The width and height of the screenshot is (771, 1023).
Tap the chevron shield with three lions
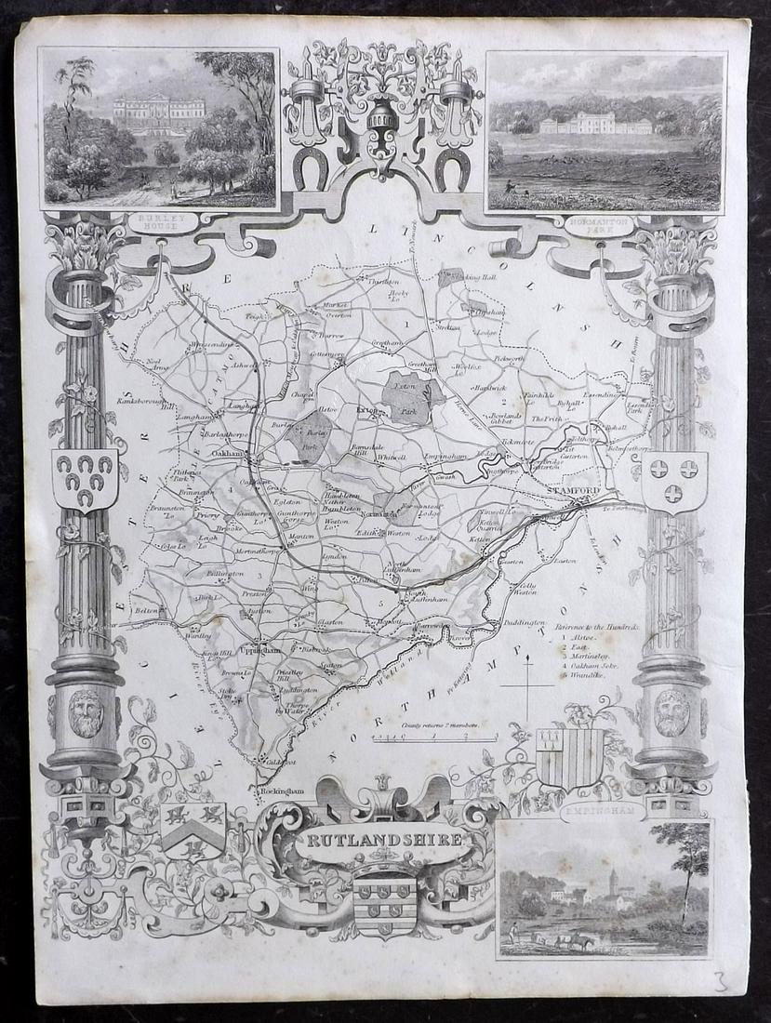(193, 828)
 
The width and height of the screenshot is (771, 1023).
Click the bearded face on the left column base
(86, 711)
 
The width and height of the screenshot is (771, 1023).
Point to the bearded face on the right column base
(671, 711)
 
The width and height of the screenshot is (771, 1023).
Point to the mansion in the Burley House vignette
(159, 113)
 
